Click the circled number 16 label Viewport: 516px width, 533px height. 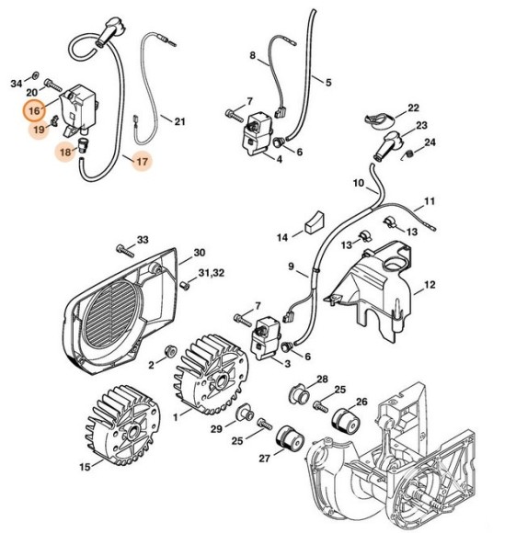click(34, 112)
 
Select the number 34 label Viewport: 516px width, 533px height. click(16, 84)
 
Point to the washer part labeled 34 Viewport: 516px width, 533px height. click(35, 72)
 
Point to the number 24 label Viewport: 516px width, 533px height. click(430, 142)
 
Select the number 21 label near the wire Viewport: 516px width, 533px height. click(178, 120)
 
